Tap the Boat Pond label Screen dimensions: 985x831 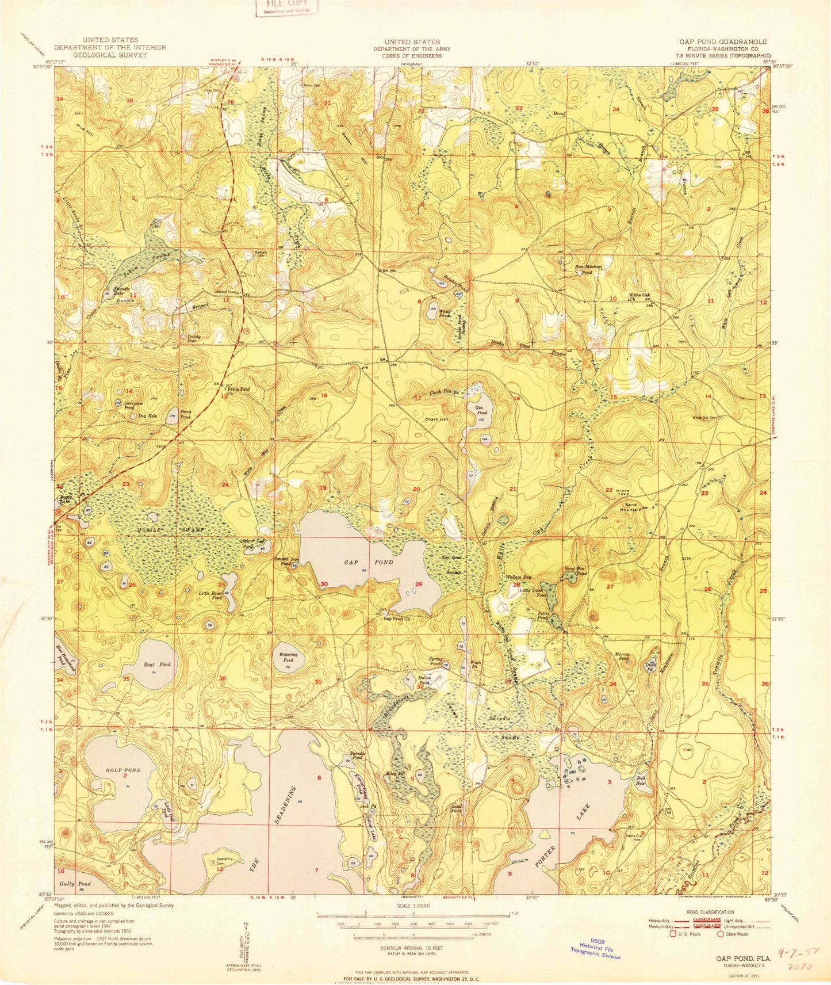point(156,665)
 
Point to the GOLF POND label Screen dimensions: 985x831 point(123,770)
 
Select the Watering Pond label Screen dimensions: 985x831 point(288,657)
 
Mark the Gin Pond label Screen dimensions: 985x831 point(481,410)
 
